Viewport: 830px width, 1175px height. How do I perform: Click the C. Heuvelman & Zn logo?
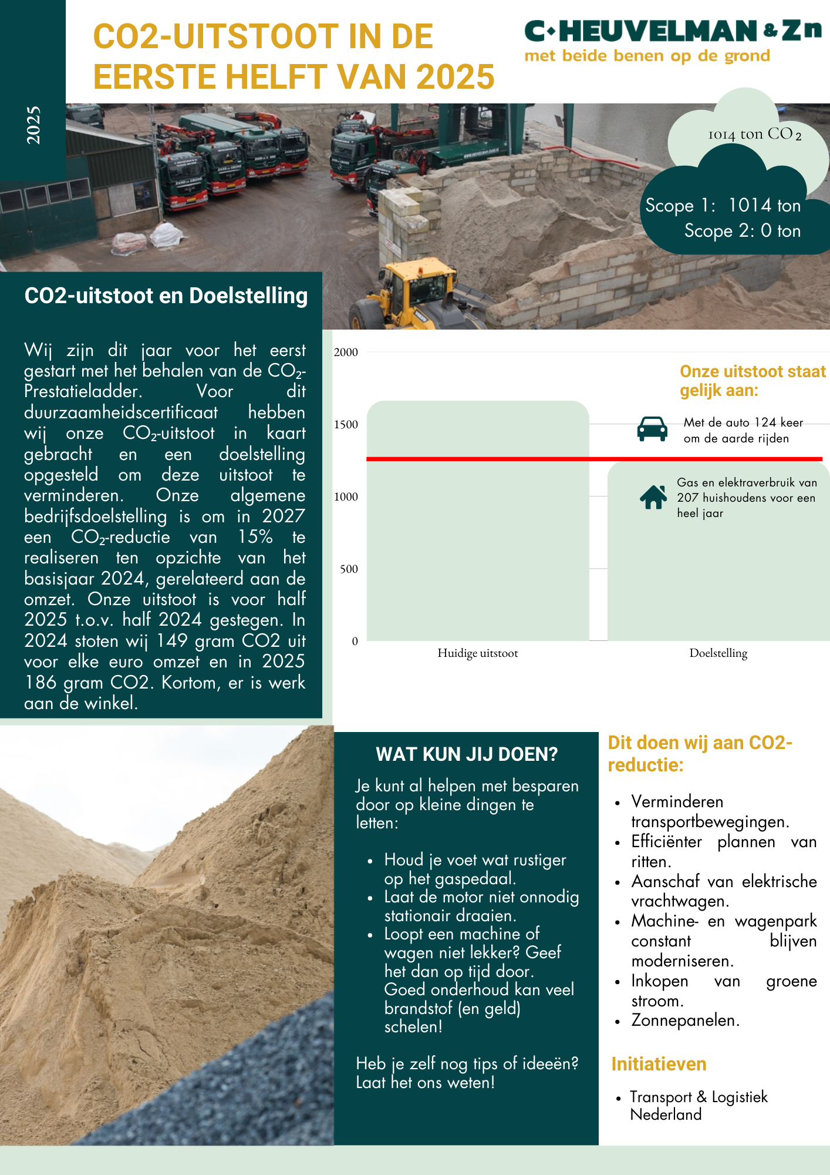[x=673, y=32]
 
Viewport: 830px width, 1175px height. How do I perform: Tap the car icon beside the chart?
[x=652, y=429]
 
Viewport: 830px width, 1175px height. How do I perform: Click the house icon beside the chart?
[x=653, y=497]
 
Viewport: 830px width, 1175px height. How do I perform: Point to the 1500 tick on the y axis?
[x=346, y=425]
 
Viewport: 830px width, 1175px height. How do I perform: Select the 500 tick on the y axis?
[x=349, y=569]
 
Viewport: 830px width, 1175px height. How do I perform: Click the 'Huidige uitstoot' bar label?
[x=478, y=653]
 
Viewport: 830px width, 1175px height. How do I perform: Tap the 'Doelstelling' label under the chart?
[x=718, y=653]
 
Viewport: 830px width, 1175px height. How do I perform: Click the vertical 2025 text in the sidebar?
[x=33, y=125]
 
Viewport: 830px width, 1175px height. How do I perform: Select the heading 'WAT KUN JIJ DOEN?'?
[x=467, y=754]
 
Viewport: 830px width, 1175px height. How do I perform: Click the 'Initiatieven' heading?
[x=659, y=1064]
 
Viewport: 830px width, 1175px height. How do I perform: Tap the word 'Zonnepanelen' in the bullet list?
[x=684, y=1020]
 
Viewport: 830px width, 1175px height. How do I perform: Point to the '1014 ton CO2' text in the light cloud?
[x=754, y=135]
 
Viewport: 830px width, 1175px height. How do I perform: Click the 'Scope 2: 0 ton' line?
[x=742, y=231]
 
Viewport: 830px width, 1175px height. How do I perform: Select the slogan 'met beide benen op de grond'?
[x=647, y=56]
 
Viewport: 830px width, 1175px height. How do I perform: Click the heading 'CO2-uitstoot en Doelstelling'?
[x=166, y=296]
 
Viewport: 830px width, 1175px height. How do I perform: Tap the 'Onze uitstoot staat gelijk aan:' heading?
[x=752, y=381]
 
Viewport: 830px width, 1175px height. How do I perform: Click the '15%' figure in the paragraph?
[x=255, y=537]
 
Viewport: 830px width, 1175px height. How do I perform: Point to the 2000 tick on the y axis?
[x=346, y=352]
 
